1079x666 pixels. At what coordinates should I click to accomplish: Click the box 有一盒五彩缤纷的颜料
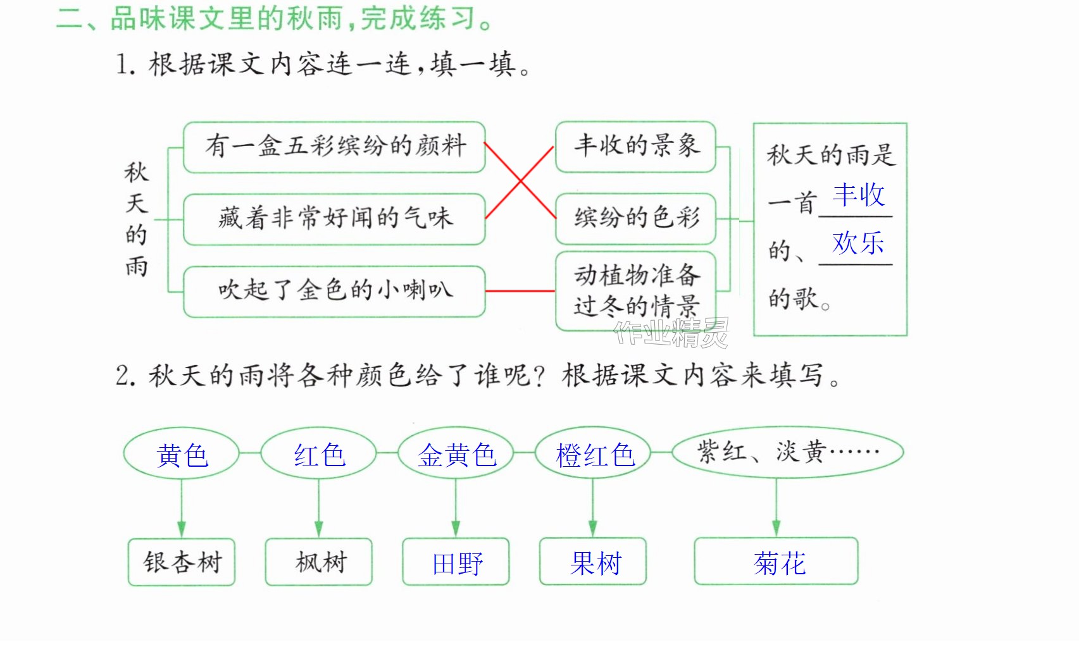point(334,147)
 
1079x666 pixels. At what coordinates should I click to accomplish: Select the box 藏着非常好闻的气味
point(334,219)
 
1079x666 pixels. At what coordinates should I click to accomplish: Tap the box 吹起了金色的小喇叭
point(334,292)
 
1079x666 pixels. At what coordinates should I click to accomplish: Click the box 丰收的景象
point(636,147)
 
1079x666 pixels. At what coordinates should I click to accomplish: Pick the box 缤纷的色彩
point(636,219)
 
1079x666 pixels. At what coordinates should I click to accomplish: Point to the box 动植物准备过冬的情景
point(636,292)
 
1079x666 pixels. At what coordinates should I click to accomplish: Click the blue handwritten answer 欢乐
point(858,243)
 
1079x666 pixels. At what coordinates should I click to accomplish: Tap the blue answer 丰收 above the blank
point(858,195)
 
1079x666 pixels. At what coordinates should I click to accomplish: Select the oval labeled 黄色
point(181,453)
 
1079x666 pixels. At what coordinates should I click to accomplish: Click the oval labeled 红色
point(318,453)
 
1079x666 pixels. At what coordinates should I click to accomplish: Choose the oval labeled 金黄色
point(456,453)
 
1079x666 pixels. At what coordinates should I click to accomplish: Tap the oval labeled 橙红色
point(593,453)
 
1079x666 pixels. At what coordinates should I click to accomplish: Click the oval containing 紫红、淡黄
point(787,452)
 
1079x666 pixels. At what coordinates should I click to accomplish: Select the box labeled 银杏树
point(182,562)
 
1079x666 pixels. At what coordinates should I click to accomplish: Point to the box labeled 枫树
point(319,562)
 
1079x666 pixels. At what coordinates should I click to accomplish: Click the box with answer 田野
point(456,562)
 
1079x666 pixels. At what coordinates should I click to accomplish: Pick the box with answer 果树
point(593,562)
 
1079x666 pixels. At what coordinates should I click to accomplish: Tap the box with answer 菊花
point(776,561)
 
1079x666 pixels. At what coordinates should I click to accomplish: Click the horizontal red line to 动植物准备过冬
point(520,291)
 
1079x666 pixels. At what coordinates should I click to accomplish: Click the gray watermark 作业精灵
point(671,333)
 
